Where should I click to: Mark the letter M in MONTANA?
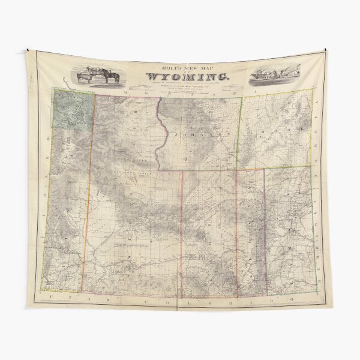pos(125,92)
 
